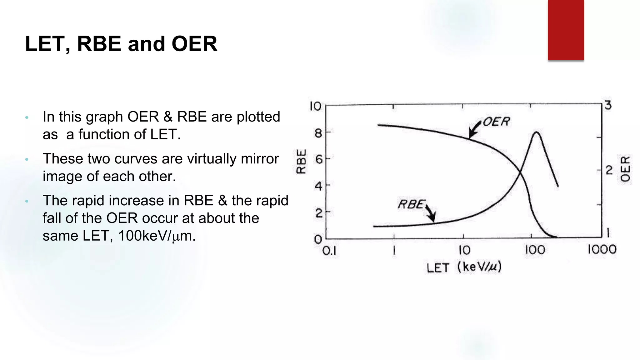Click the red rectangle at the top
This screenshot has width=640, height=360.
tap(566, 30)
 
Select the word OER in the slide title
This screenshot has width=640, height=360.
tap(194, 44)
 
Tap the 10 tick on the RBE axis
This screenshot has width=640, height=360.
tap(315, 106)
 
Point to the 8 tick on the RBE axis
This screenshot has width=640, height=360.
tap(318, 133)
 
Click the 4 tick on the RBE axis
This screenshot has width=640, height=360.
tap(318, 186)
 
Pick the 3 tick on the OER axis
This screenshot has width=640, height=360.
tap(608, 105)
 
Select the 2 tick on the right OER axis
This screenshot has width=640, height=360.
tap(609, 170)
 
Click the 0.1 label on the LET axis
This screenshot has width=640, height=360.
tap(329, 251)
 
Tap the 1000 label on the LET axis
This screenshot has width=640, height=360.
tap(602, 250)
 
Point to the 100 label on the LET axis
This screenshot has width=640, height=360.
tap(535, 250)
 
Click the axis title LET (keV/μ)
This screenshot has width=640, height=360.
tap(464, 267)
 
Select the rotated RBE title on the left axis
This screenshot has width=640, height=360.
tap(301, 161)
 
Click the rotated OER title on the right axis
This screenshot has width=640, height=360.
tap(625, 169)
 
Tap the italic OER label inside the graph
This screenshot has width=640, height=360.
tap(496, 122)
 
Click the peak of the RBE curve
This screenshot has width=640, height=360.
tap(536, 132)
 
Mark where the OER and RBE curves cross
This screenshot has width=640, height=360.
tap(520, 172)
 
